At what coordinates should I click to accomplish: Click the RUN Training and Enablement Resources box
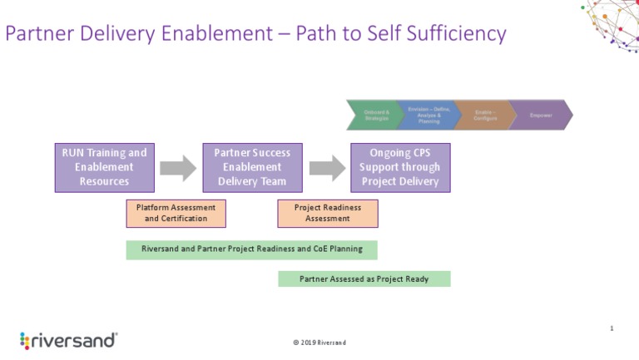[x=105, y=167]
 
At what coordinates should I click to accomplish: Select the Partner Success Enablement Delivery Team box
[x=252, y=167]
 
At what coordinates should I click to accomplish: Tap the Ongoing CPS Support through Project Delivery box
[x=400, y=167]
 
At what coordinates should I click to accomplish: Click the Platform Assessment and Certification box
[x=176, y=213]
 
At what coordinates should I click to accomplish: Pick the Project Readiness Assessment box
[x=328, y=213]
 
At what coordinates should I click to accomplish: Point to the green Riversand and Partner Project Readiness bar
[x=251, y=249]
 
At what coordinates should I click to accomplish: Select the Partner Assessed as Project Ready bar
[x=364, y=279]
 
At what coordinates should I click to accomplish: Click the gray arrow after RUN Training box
[x=178, y=167]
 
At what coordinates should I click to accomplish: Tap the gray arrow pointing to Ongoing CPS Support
[x=327, y=167]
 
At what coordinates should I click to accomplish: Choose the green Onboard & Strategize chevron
[x=375, y=115]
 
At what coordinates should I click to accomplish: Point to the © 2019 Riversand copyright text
[x=319, y=343]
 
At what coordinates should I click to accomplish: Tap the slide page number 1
[x=612, y=329]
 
